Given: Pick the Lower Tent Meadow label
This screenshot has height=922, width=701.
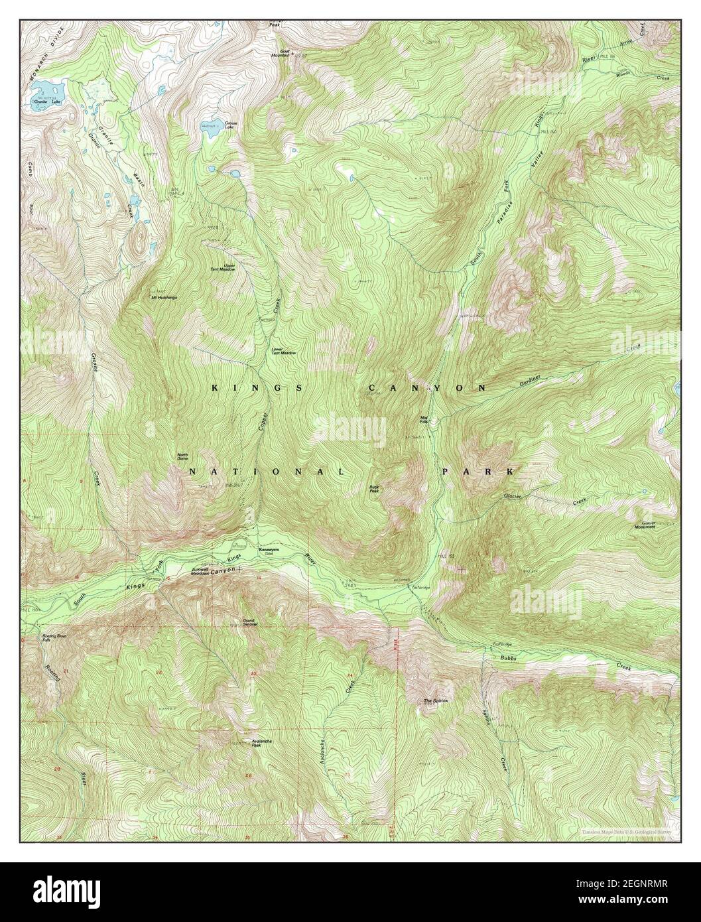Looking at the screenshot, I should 283,352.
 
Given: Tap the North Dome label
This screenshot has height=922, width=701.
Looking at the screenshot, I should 183,457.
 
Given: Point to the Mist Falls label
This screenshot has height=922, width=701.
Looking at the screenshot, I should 425,420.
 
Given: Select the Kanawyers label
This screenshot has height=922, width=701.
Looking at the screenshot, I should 269,550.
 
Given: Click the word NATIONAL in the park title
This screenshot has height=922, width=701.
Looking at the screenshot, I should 267,472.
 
